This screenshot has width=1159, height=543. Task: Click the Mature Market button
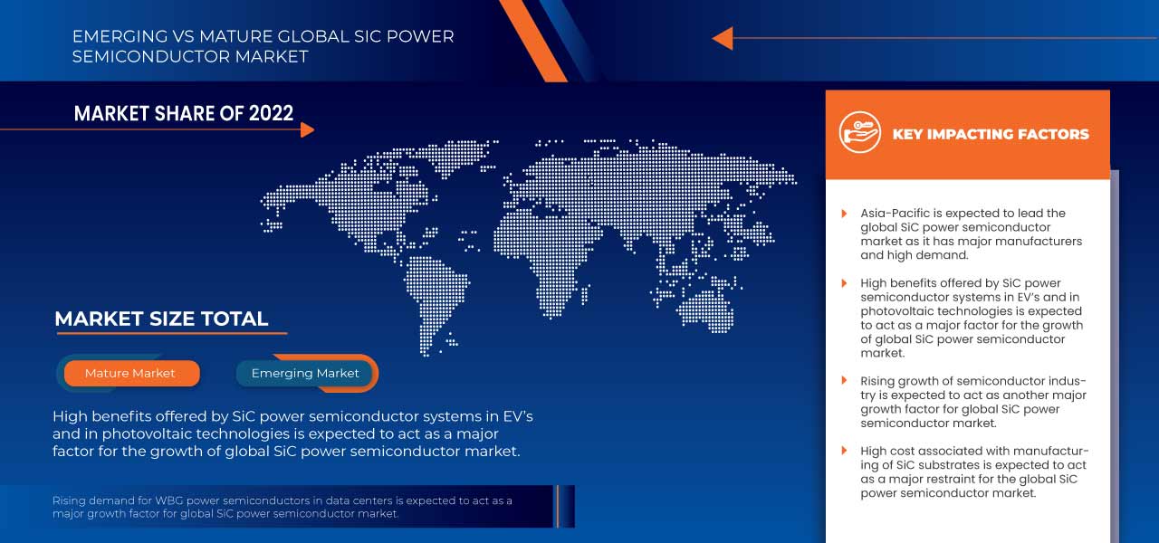coord(130,373)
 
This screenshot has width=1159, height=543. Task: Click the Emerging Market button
coord(305,373)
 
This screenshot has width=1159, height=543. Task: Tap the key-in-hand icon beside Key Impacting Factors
coord(859,133)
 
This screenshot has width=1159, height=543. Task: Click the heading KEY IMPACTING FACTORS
coord(991,134)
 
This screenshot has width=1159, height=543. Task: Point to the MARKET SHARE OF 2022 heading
coord(184,113)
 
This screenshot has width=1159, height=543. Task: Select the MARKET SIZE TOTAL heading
coord(161,319)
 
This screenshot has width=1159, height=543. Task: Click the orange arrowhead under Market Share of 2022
coord(307,129)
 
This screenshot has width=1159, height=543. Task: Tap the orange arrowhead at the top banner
coord(723,38)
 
